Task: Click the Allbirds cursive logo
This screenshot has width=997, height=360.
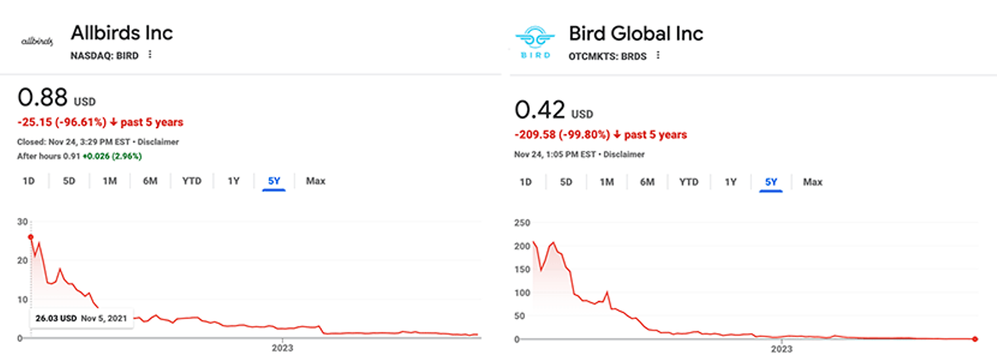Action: click(37, 42)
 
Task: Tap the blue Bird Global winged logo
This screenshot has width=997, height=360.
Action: click(535, 42)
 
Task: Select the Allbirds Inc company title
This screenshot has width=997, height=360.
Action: click(122, 33)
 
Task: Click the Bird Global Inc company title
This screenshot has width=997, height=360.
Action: click(636, 33)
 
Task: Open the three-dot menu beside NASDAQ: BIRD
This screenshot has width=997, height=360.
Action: click(150, 55)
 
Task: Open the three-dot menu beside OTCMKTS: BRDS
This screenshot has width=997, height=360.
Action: click(658, 55)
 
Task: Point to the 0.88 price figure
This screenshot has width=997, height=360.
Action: click(43, 98)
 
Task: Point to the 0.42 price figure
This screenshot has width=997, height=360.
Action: click(540, 109)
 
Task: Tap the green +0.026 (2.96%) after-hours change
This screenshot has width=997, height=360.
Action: click(112, 156)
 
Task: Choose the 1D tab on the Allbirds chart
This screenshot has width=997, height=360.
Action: click(28, 181)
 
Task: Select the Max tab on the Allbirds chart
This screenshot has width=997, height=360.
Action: click(316, 181)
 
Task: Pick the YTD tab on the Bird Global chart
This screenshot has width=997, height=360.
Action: click(688, 182)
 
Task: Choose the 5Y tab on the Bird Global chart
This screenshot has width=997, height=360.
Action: click(771, 182)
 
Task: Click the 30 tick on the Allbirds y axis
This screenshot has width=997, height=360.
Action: click(23, 222)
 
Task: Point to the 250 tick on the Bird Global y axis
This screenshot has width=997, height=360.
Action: click(522, 222)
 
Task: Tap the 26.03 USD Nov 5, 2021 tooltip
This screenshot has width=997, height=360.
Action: click(82, 319)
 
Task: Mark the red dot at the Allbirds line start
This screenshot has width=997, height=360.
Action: click(30, 237)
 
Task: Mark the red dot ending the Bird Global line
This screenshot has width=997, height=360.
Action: click(975, 339)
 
